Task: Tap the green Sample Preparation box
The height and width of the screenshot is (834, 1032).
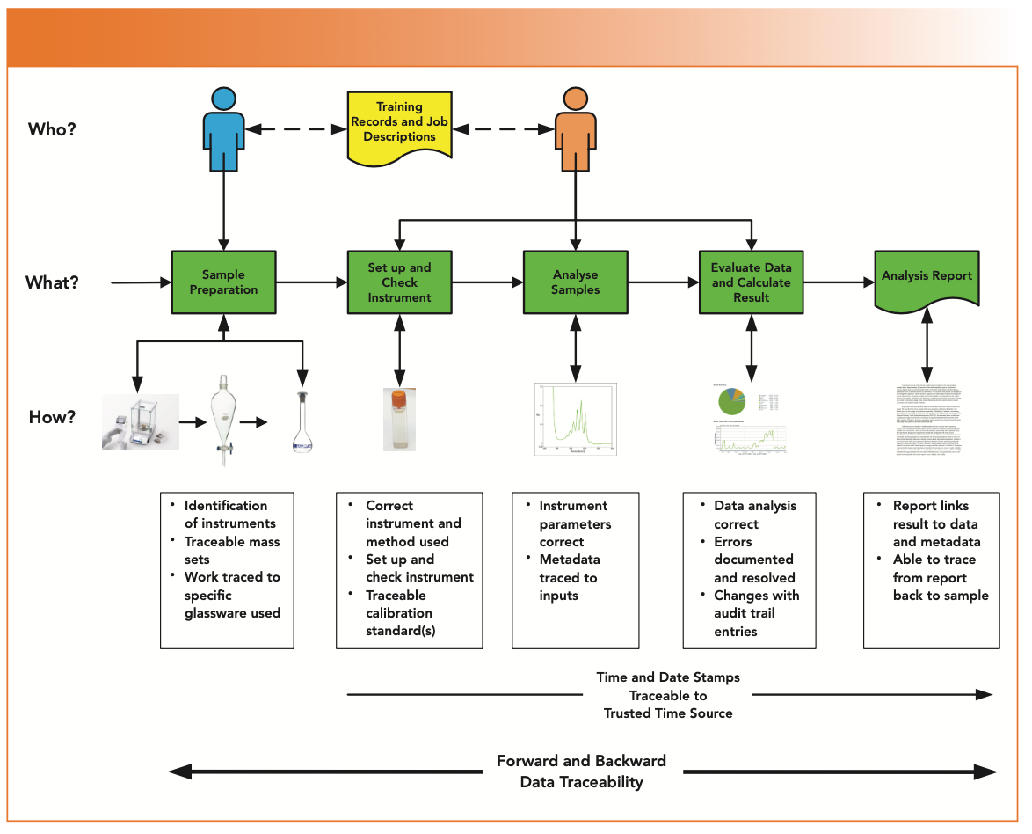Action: coord(223,282)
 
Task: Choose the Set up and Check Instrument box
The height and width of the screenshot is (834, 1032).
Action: coord(399,282)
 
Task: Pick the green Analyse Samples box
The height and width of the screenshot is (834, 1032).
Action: coord(576,282)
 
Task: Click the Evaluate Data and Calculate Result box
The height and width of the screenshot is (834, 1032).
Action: coord(751,282)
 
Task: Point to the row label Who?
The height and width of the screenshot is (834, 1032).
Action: coord(52,129)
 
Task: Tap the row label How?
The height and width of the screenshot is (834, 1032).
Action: coord(52,417)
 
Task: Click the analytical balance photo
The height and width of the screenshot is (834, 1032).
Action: coord(141,422)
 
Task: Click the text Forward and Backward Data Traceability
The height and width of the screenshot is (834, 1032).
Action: coord(581,772)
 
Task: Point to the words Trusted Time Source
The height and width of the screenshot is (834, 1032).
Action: coord(668,713)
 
